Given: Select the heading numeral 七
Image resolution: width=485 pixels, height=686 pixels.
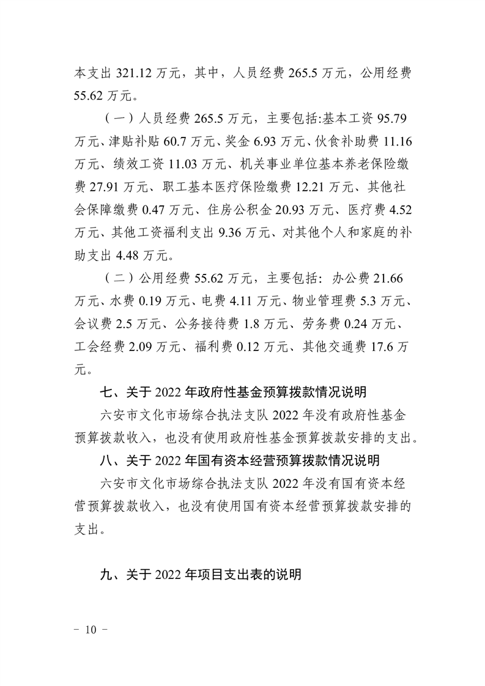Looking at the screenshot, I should coord(105,392).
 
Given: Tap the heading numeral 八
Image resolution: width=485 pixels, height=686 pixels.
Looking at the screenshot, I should coord(105,462).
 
